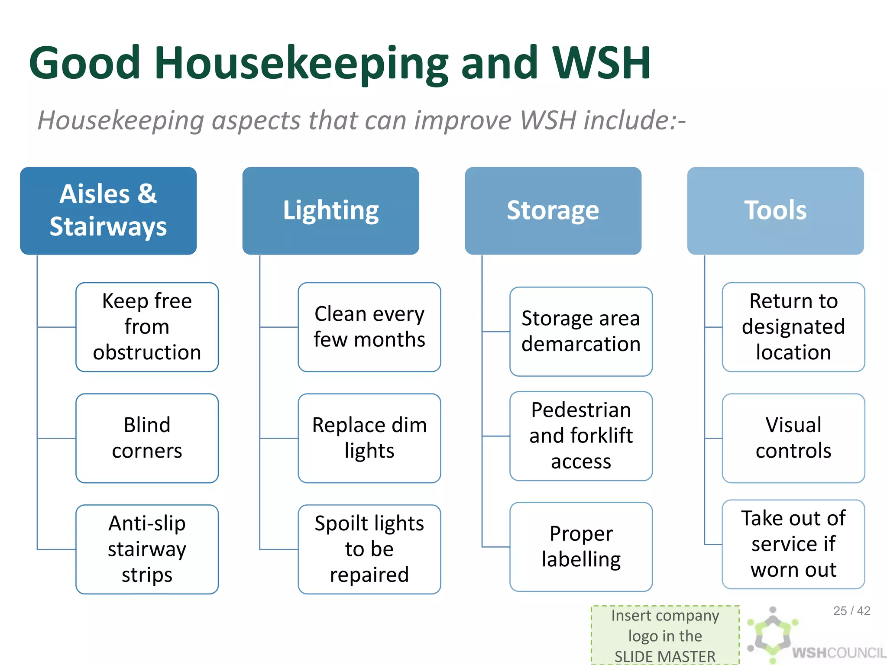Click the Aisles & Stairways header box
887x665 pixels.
coord(108,211)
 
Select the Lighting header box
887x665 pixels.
coord(330,211)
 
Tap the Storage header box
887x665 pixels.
coord(553,211)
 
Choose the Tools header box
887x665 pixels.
coord(775,211)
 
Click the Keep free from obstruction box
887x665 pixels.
coord(147,327)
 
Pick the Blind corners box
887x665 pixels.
coord(147,438)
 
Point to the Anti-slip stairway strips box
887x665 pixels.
coord(147,549)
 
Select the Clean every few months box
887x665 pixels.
coord(369,327)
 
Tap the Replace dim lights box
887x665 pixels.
coord(369,438)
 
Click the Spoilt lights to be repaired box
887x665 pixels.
coord(369,549)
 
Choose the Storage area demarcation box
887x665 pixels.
coord(581,331)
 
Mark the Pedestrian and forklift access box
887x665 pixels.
coord(581,436)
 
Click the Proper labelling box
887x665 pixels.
coord(581,547)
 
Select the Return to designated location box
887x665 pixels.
coord(793,327)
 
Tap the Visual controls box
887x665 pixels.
coord(793,438)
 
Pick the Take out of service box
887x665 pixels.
coord(793,544)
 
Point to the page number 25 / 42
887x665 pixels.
coord(851,611)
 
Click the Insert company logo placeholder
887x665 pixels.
coord(665,635)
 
